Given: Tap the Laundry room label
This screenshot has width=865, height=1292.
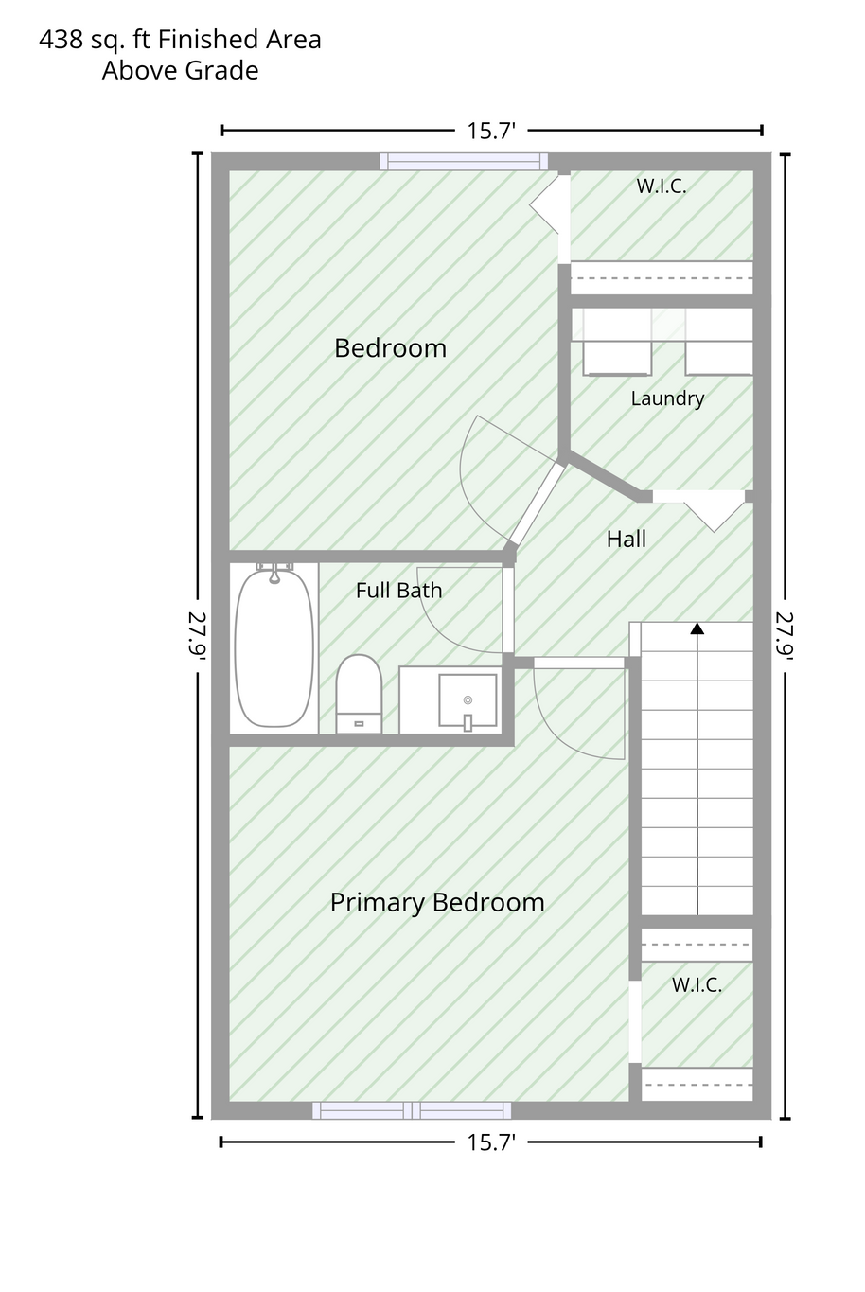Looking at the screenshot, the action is pos(667,398).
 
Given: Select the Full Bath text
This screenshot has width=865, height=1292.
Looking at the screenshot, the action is pos(399,590).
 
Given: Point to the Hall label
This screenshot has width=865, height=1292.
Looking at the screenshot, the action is pos(627,540).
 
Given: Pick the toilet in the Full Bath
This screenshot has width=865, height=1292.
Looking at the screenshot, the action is pos(359,694).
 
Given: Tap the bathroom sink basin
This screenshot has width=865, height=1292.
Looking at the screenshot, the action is pos(468,700).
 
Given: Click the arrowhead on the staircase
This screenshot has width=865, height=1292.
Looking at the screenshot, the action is pos(697,628).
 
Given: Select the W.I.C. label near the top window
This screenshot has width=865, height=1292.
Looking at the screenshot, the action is pos(662,186).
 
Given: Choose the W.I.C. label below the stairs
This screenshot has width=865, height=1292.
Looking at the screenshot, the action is pos(697,984).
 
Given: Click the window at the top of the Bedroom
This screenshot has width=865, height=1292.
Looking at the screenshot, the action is pos(464,162).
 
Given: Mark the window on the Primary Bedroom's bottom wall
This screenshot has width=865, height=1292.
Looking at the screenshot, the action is pos(412,1110).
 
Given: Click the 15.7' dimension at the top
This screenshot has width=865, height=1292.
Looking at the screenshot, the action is pos(491,131).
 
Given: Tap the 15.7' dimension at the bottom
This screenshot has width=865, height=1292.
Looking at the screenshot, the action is pos(491,1142).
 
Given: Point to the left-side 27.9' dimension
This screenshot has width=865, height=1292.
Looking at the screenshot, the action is pos(197,635).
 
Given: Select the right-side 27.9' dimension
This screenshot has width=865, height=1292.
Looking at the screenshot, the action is pos(785,635).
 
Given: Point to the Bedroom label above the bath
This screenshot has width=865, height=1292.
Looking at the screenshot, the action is pos(391,348).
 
